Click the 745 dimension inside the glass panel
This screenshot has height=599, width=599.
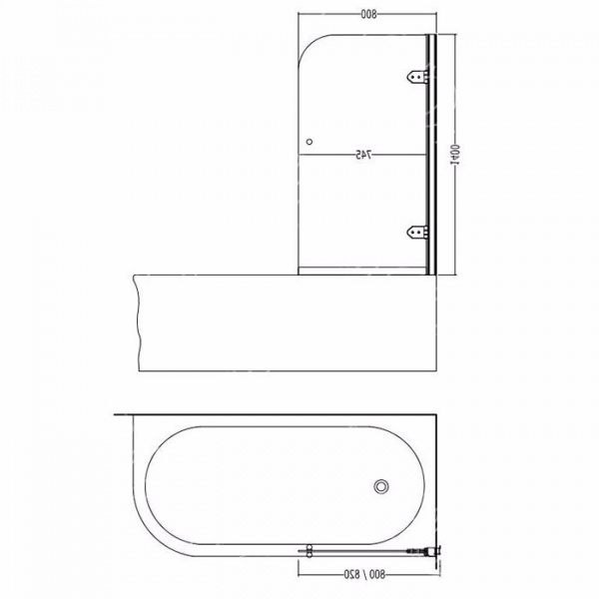[363, 155]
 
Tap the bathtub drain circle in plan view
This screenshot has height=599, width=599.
[380, 486]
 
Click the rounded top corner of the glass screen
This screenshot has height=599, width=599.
[313, 50]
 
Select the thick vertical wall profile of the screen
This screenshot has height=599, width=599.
[430, 155]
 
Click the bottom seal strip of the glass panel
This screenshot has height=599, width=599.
[363, 271]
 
